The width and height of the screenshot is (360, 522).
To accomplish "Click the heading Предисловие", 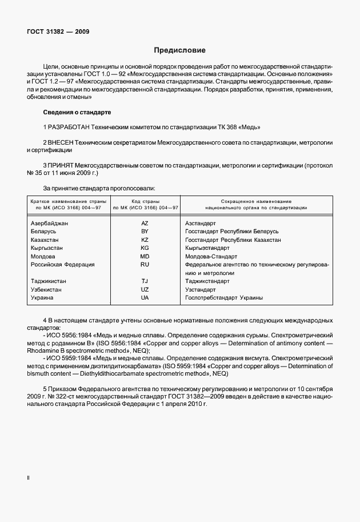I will (179, 50).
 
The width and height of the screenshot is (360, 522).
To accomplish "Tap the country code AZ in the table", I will (145, 224).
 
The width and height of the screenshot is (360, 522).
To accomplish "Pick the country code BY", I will (145, 232).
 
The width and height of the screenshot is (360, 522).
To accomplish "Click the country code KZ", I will (145, 240).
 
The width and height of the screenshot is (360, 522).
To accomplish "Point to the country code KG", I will (145, 248).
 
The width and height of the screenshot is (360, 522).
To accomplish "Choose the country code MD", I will (145, 257).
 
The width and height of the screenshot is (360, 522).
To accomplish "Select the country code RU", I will (145, 265).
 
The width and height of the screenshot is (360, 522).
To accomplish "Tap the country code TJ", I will (145, 281).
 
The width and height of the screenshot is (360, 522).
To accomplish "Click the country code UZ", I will (145, 290).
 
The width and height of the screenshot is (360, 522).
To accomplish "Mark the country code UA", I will (145, 298).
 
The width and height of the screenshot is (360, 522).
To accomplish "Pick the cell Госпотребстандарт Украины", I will (224, 298).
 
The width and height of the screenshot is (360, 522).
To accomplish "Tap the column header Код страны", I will (145, 201).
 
